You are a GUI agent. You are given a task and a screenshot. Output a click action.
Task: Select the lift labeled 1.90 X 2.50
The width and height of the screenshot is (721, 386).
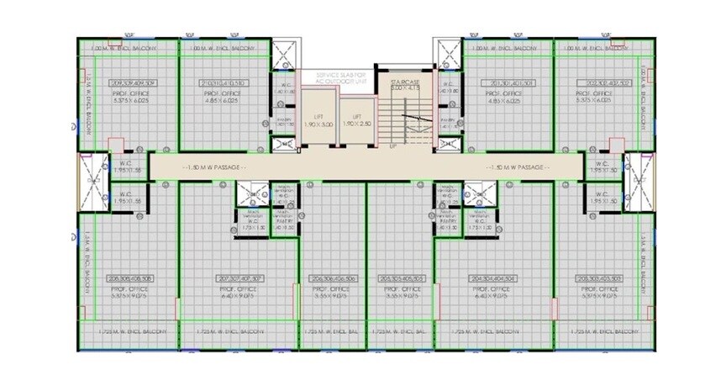(x=357, y=119)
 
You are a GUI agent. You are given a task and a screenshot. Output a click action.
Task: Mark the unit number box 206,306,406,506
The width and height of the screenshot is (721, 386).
(x=332, y=278)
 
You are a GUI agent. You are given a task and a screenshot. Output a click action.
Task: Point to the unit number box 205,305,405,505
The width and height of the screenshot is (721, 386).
(x=400, y=278)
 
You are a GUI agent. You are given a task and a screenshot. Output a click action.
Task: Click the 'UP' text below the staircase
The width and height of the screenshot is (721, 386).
(x=392, y=147)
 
